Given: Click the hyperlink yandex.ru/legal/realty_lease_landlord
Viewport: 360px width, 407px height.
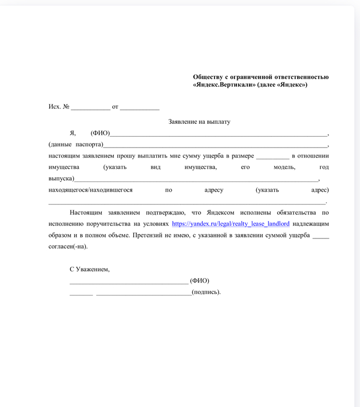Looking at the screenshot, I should [x=230, y=224].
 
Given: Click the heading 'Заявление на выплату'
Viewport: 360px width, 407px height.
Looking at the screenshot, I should [x=200, y=122].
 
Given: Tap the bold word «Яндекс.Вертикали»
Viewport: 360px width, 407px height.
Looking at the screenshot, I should [x=222, y=85].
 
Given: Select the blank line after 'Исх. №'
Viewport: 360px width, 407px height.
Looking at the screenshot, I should [x=91, y=107].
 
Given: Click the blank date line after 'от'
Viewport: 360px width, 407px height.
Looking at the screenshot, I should [x=139, y=107].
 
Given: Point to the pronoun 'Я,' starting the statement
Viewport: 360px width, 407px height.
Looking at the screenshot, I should [x=73, y=133].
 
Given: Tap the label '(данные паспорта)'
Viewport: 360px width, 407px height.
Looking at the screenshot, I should [x=76, y=144].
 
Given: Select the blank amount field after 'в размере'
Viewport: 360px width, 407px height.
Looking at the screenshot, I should [x=273, y=156].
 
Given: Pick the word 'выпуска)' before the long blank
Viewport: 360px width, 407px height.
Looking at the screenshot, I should [x=61, y=179].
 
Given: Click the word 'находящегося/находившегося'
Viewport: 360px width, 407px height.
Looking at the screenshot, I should [x=91, y=190].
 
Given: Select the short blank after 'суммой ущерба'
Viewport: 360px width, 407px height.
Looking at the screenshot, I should [x=320, y=236].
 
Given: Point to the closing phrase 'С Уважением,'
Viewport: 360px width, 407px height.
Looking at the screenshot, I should [x=89, y=269].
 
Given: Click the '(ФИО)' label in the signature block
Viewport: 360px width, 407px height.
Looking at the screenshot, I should [x=200, y=281].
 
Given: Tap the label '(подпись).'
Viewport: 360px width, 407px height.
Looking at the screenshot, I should [x=206, y=292].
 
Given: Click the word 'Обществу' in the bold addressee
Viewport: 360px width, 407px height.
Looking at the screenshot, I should [x=209, y=77].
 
